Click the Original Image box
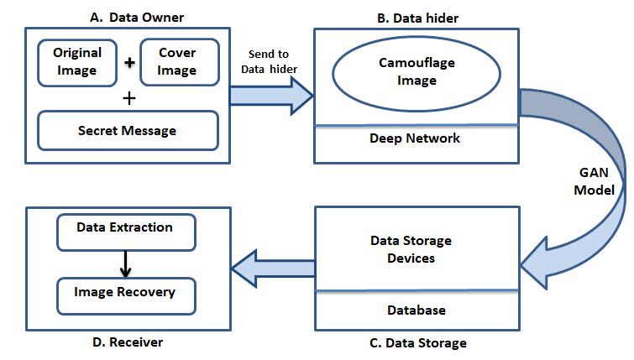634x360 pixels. tap(78, 61)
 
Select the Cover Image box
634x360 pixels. tap(177, 61)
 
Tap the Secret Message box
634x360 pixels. tap(127, 131)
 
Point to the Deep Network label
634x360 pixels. tap(415, 138)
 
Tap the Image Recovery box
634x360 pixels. tap(124, 293)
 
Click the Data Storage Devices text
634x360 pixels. tap(411, 249)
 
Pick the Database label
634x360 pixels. tap(416, 310)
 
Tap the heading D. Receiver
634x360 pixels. tap(128, 342)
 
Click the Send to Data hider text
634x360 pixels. tap(269, 61)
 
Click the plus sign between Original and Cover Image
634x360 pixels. tap(128, 63)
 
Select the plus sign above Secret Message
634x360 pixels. tap(128, 97)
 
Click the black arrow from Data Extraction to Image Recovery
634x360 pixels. tap(124, 262)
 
